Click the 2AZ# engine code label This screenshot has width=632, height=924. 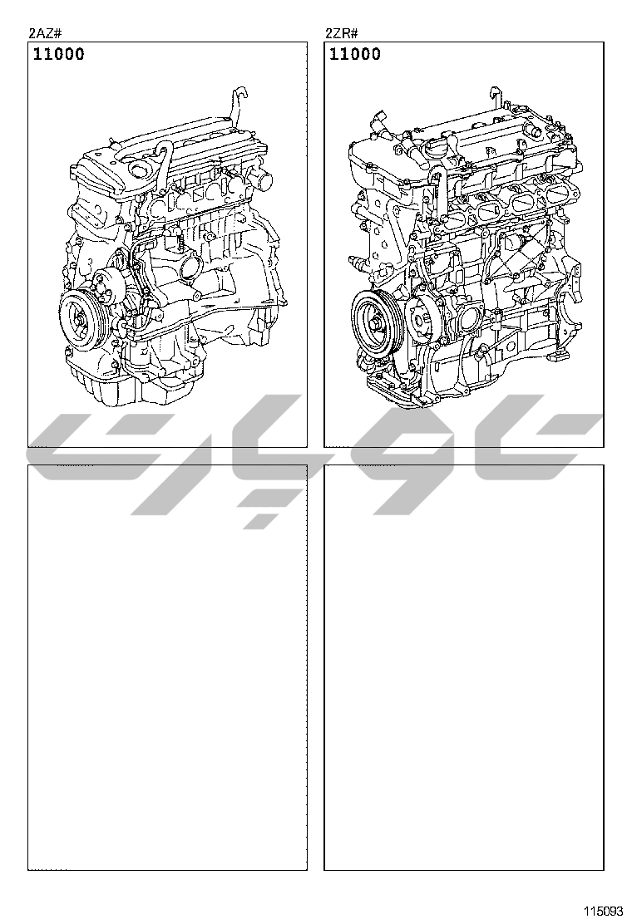coord(45,33)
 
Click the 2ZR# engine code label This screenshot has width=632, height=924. coord(341,33)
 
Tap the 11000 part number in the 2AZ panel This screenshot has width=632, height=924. coord(58,54)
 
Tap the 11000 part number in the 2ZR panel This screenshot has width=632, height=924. coord(355,54)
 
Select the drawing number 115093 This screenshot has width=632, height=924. coord(603,911)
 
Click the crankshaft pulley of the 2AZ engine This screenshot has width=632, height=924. coord(81,322)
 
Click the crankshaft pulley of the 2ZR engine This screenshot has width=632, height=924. coord(376,322)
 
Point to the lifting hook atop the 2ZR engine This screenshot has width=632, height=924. coord(496,98)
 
